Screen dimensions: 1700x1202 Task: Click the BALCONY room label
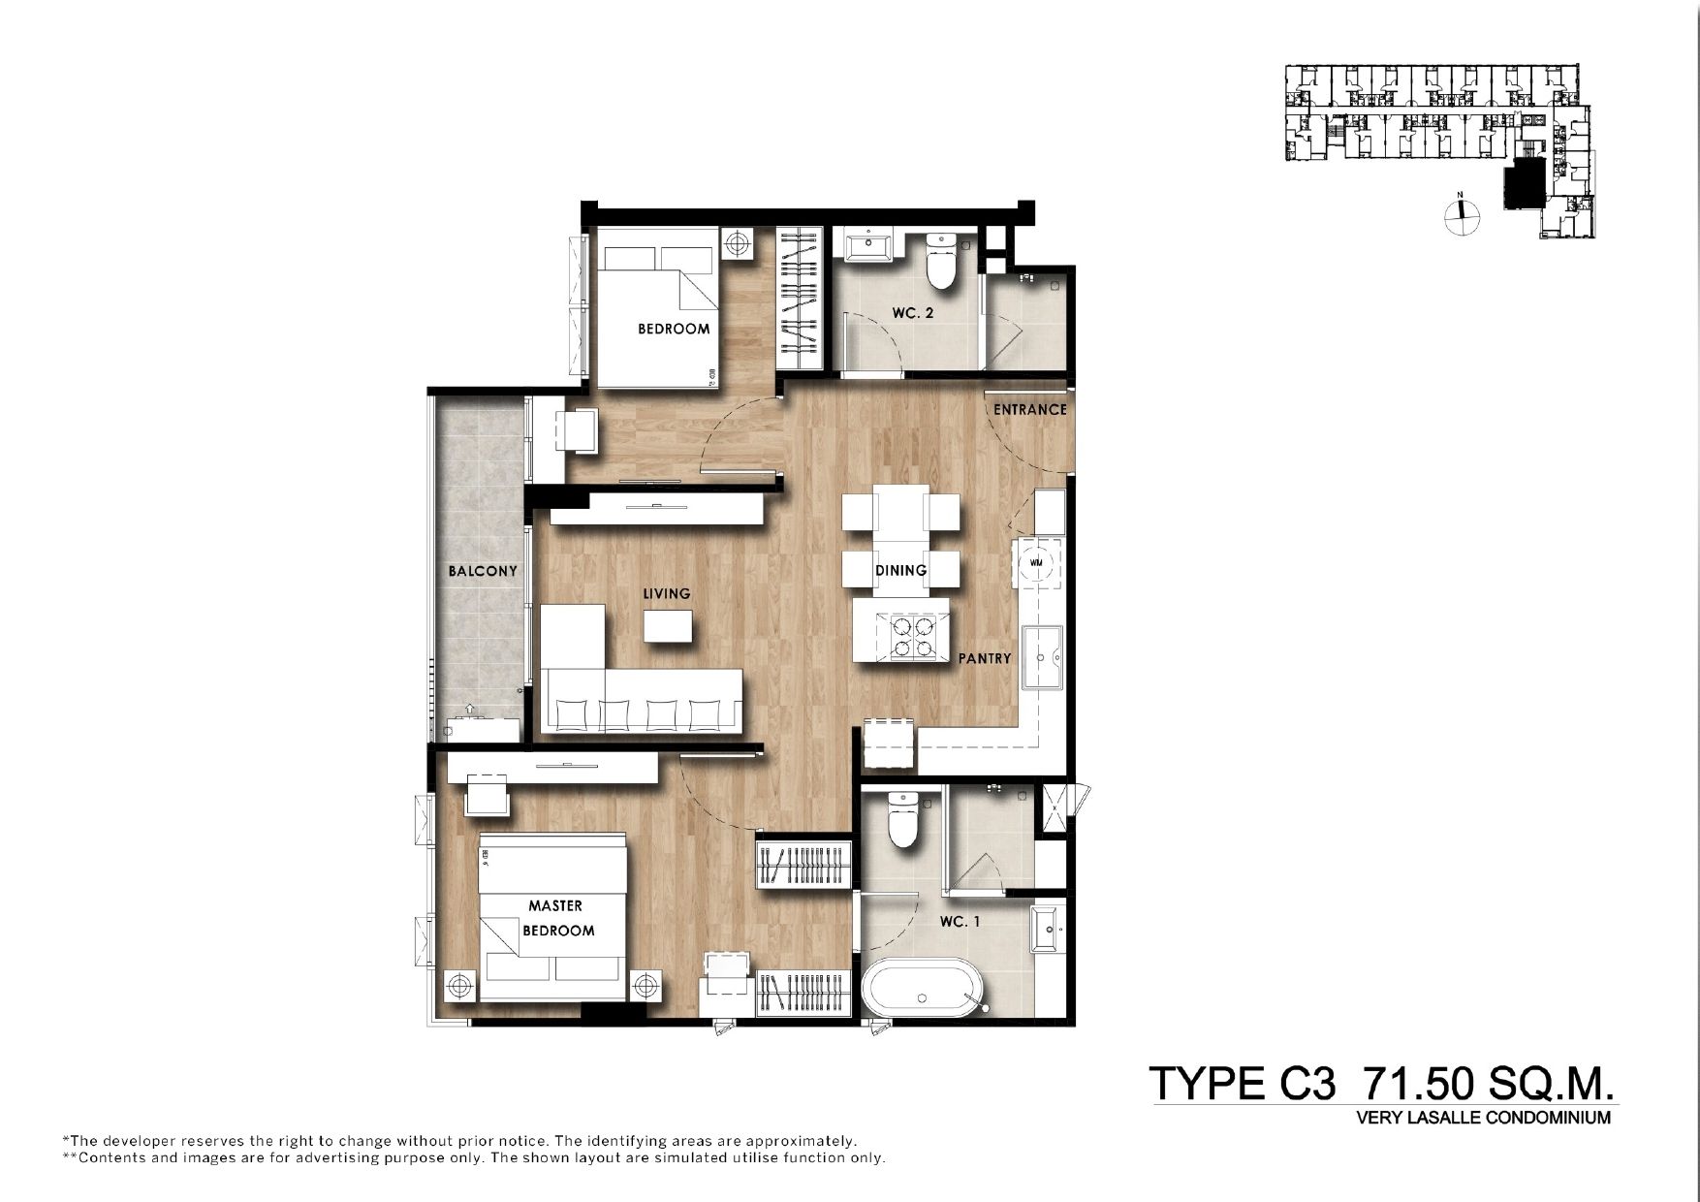483,571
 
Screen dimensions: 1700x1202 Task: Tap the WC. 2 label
913,313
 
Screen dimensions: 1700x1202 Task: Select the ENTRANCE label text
1029,409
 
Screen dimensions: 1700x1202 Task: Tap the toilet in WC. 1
902,819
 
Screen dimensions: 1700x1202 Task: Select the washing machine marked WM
1037,562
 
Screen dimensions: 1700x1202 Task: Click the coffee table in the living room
668,625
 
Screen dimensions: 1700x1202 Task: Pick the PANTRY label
985,658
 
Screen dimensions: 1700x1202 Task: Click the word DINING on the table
900,570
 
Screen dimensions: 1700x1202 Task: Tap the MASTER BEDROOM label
557,918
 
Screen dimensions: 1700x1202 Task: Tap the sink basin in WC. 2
868,245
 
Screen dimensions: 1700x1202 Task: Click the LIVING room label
667,593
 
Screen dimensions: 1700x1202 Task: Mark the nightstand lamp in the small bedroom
739,242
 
